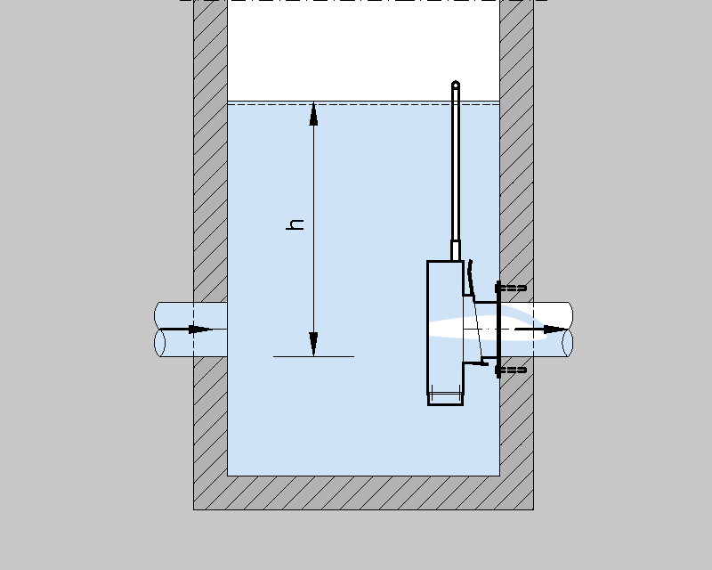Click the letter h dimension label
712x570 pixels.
(296, 223)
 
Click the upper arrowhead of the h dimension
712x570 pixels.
(313, 113)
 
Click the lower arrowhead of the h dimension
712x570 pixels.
(313, 344)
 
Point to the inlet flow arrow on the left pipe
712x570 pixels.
(198, 330)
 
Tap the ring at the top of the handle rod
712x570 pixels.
(456, 85)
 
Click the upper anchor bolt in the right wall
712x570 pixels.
(511, 288)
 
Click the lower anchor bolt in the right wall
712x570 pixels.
(511, 369)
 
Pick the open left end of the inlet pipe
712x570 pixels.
(159, 330)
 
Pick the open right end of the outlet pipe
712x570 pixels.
(567, 330)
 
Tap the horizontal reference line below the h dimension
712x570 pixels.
(313, 356)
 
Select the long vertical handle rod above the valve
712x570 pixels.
(456, 165)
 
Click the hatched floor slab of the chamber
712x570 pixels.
(363, 493)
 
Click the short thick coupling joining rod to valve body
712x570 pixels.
(456, 250)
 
